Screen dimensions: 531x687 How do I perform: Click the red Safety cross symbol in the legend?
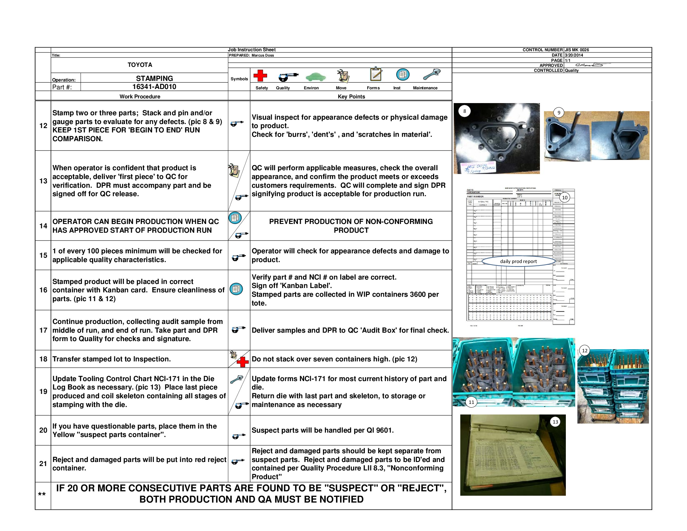click(x=260, y=76)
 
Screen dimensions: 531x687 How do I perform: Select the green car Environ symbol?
click(x=315, y=77)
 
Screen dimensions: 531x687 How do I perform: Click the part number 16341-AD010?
click(x=154, y=87)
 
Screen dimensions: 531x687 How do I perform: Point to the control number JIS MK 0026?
click(x=576, y=50)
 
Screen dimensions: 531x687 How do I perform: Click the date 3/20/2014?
click(x=574, y=55)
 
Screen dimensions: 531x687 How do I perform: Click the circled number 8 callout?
click(x=464, y=111)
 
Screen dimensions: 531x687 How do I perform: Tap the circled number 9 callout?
click(x=559, y=113)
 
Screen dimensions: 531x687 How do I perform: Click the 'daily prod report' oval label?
click(x=518, y=261)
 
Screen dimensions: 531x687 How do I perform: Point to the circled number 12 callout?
click(x=585, y=350)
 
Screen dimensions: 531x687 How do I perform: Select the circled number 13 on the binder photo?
click(x=555, y=422)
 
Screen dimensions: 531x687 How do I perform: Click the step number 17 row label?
click(x=43, y=330)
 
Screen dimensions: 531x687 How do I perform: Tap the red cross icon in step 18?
click(x=243, y=362)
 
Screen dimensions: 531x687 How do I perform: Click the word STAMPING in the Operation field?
click(x=154, y=78)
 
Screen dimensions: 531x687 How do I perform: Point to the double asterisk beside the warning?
click(x=42, y=494)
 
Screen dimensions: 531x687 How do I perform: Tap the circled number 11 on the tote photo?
click(x=471, y=402)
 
